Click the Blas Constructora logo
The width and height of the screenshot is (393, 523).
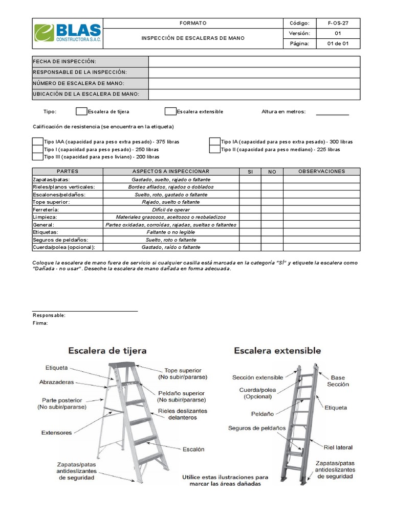[x=67, y=33]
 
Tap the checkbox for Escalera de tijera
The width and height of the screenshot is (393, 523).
[x=81, y=111]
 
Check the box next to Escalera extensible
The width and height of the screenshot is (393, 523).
[x=170, y=111]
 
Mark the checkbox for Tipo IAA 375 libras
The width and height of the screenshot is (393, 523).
[x=38, y=141]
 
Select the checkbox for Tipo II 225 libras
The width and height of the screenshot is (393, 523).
[x=215, y=149]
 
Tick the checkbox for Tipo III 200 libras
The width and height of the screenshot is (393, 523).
[x=38, y=157]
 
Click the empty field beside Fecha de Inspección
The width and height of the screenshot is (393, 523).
[x=254, y=61]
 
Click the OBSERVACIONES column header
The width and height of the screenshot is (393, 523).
[x=321, y=172]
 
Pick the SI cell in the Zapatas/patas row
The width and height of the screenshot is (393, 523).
[x=250, y=180]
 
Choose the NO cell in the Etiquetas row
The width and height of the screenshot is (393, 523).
[x=272, y=232]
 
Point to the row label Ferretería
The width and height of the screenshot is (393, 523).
[x=46, y=210]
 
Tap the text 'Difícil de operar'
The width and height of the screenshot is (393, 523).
[x=171, y=210]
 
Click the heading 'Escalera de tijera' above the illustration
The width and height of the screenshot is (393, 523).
[x=107, y=351]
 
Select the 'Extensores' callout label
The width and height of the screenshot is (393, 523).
[x=56, y=433]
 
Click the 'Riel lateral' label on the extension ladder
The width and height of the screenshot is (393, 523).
[x=337, y=447]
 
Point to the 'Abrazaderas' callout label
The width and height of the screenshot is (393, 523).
[x=56, y=382]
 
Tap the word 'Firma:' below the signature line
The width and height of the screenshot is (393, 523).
[x=40, y=323]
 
